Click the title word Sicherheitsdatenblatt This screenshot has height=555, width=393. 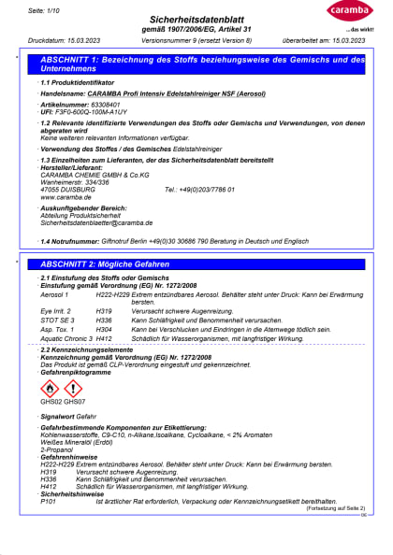click(x=197, y=19)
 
